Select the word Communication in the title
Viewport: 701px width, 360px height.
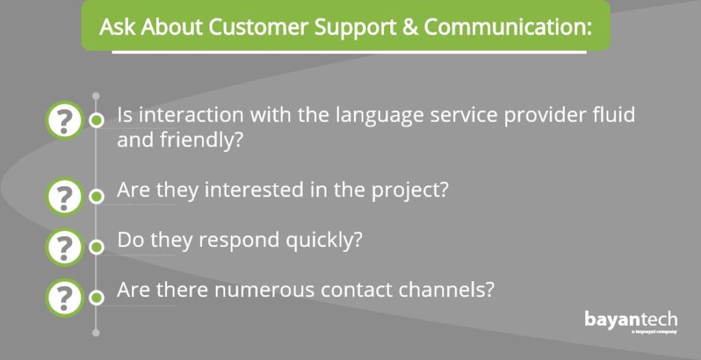pos(508,27)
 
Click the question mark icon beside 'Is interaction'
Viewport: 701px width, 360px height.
pos(64,120)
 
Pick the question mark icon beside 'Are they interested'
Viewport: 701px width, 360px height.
pos(64,196)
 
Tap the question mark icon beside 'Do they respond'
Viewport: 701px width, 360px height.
pos(64,247)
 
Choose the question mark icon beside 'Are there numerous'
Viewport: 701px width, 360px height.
pos(64,298)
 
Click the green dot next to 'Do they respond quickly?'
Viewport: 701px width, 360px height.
pos(96,247)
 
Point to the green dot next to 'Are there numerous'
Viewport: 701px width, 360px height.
pos(96,298)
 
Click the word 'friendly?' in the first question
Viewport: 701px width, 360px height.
pos(201,141)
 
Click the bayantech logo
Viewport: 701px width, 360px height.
pos(630,320)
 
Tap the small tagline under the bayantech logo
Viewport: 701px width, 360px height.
pos(654,332)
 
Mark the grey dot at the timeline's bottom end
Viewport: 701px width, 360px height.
pos(96,333)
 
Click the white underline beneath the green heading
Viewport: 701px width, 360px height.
pos(349,52)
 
